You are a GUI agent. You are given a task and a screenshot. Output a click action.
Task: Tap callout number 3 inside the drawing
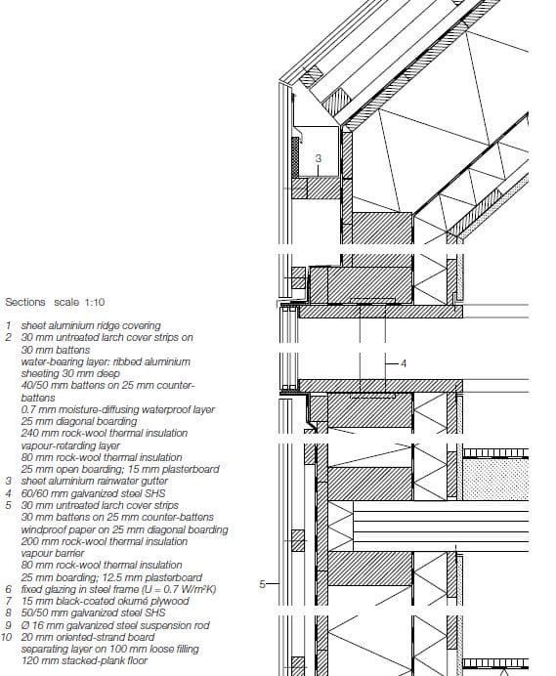click(318, 157)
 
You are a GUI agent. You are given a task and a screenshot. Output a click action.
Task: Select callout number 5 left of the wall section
click(262, 584)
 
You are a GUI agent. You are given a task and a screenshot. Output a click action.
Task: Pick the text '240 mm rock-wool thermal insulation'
click(101, 433)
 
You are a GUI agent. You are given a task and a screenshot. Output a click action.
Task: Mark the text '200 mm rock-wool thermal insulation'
click(104, 541)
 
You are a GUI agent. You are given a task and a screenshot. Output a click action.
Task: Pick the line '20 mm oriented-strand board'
click(82, 637)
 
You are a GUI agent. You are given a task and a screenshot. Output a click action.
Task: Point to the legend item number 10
click(7, 637)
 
